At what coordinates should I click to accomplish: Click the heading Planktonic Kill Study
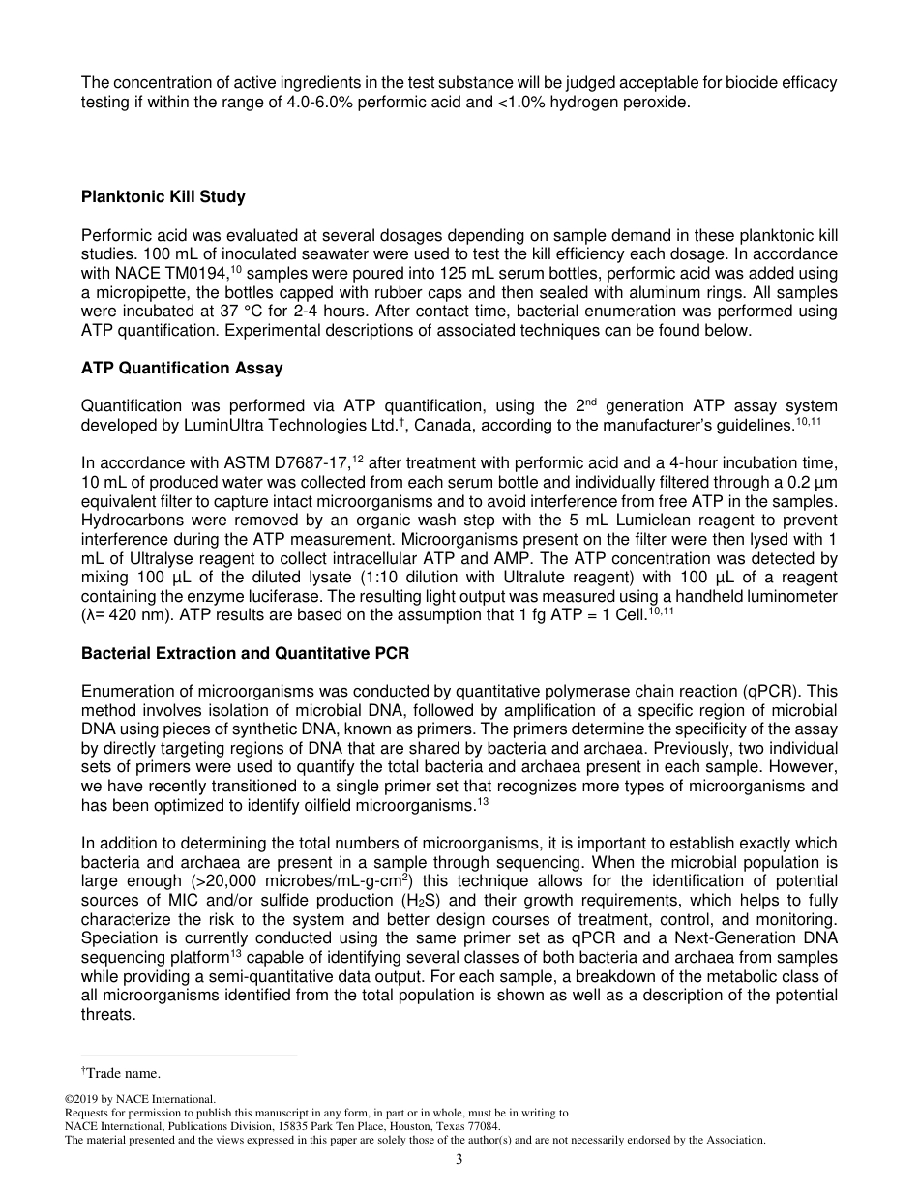pos(163,197)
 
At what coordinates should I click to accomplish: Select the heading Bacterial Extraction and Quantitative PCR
pos(245,654)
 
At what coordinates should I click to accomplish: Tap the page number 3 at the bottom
pos(459,1160)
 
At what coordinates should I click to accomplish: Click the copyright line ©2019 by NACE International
pos(139,1099)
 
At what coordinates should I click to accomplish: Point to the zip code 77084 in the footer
pos(483,1126)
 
